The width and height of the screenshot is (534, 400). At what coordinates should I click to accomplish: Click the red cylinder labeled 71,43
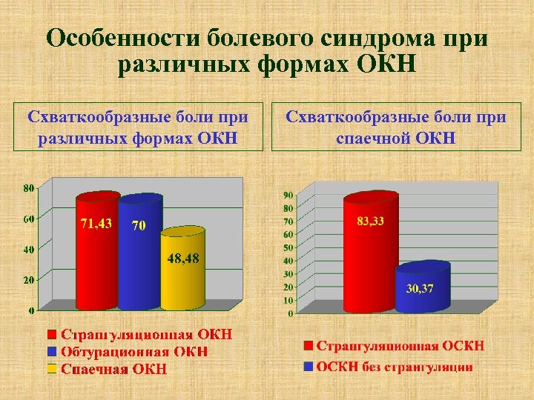point(96,252)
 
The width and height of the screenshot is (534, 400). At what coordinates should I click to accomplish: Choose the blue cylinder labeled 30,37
point(423,287)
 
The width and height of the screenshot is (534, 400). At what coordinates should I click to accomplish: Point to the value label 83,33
point(370,220)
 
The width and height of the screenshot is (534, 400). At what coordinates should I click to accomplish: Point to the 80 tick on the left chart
point(28,188)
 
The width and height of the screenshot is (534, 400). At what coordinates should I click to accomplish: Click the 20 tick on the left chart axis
point(28,280)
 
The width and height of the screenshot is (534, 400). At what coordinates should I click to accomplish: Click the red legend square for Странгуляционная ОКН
point(52,334)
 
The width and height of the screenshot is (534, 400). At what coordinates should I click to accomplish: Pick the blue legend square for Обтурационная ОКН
point(52,351)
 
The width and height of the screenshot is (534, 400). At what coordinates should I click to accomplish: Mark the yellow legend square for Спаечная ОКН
point(52,368)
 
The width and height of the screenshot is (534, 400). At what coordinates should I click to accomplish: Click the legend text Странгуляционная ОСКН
point(400,345)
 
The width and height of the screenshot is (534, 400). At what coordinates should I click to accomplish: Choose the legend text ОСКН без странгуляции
point(395,367)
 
